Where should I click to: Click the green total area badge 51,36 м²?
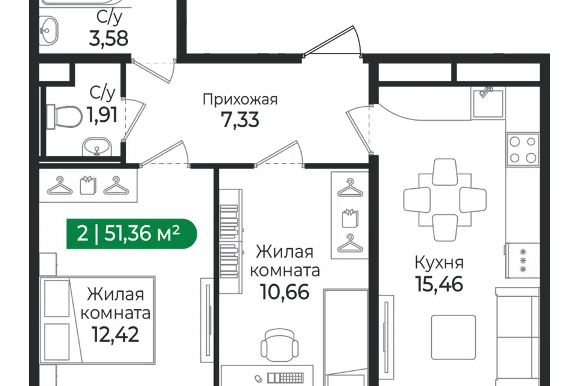tap(131, 233)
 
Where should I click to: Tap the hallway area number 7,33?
tap(240, 119)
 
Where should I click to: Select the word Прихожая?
tap(240, 100)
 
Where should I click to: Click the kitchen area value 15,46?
tap(439, 284)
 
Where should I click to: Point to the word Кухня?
tap(439, 263)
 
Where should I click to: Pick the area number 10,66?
tap(285, 292)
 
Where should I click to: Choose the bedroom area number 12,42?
tap(116, 334)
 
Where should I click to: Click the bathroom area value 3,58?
tap(109, 38)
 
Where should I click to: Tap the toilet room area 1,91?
tap(103, 115)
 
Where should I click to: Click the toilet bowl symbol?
tap(65, 117)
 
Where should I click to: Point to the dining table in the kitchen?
tap(445, 200)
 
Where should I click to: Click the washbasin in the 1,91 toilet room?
tap(96, 147)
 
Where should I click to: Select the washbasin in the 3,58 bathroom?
tap(49, 29)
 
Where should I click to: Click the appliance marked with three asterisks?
tap(522, 261)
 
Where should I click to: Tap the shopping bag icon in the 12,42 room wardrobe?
tap(88, 185)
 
